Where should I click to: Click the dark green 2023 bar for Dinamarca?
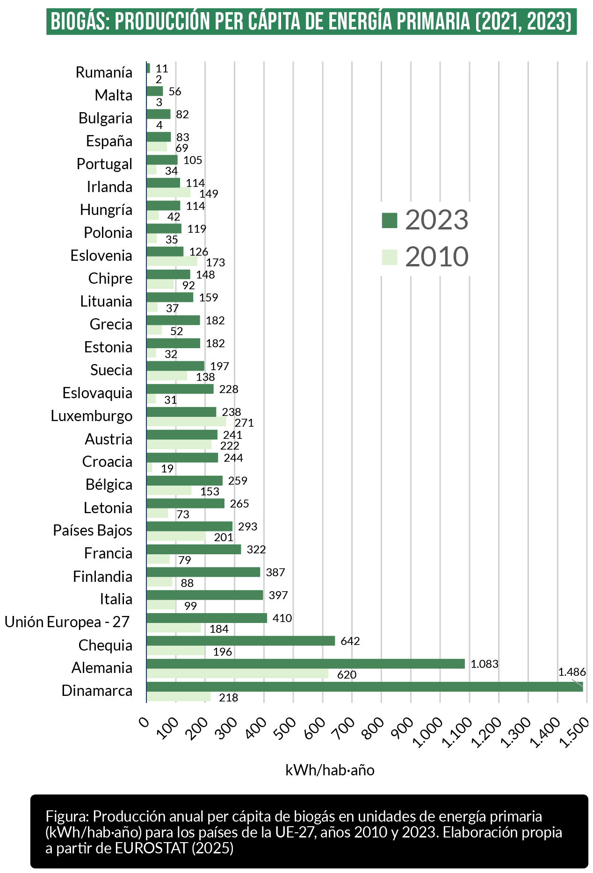[x=365, y=687]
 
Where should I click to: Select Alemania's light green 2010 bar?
[x=237, y=674]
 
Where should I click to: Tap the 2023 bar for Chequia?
[x=240, y=641]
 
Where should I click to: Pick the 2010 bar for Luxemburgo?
[x=186, y=422]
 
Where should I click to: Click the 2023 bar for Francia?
[x=194, y=549]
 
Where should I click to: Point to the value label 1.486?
[x=571, y=672]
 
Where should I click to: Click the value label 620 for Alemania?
[x=347, y=675]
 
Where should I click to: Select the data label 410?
[x=282, y=618]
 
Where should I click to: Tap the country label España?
[x=109, y=141]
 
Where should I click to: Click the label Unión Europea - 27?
[x=67, y=622]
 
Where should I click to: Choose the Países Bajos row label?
[x=93, y=530]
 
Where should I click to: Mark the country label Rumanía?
[x=104, y=72]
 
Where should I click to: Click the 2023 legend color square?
[x=389, y=220]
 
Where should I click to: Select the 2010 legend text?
[x=436, y=257]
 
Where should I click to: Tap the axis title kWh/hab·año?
[x=330, y=770]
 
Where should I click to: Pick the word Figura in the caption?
[x=66, y=816]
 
